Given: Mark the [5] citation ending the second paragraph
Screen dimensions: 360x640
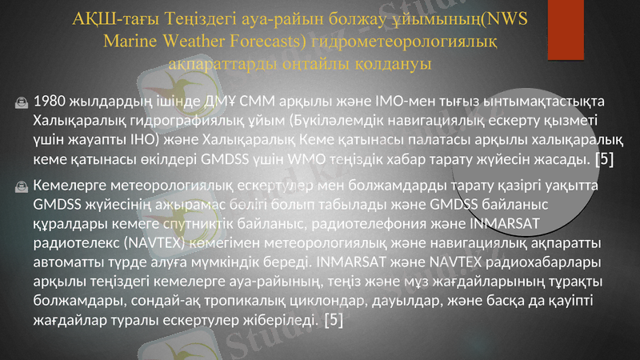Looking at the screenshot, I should point(334,320).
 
